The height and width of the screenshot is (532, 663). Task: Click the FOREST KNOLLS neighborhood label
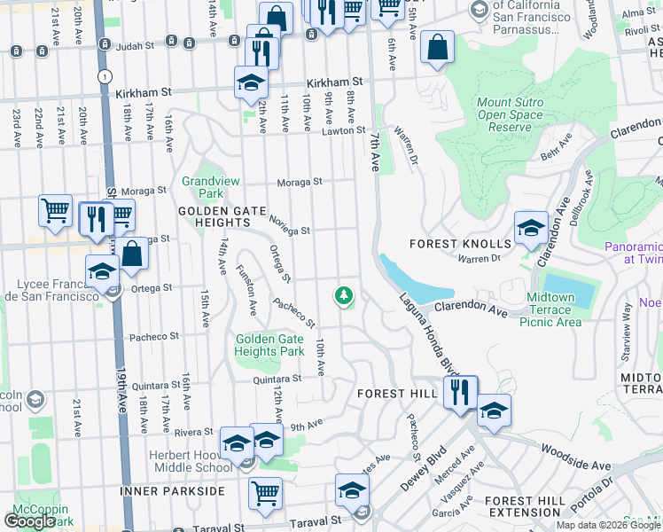(x=460, y=244)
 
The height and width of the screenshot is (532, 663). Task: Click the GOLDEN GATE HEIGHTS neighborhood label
(x=222, y=211)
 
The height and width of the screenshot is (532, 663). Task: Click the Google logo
(x=30, y=520)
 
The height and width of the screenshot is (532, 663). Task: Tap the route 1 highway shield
(x=106, y=77)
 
